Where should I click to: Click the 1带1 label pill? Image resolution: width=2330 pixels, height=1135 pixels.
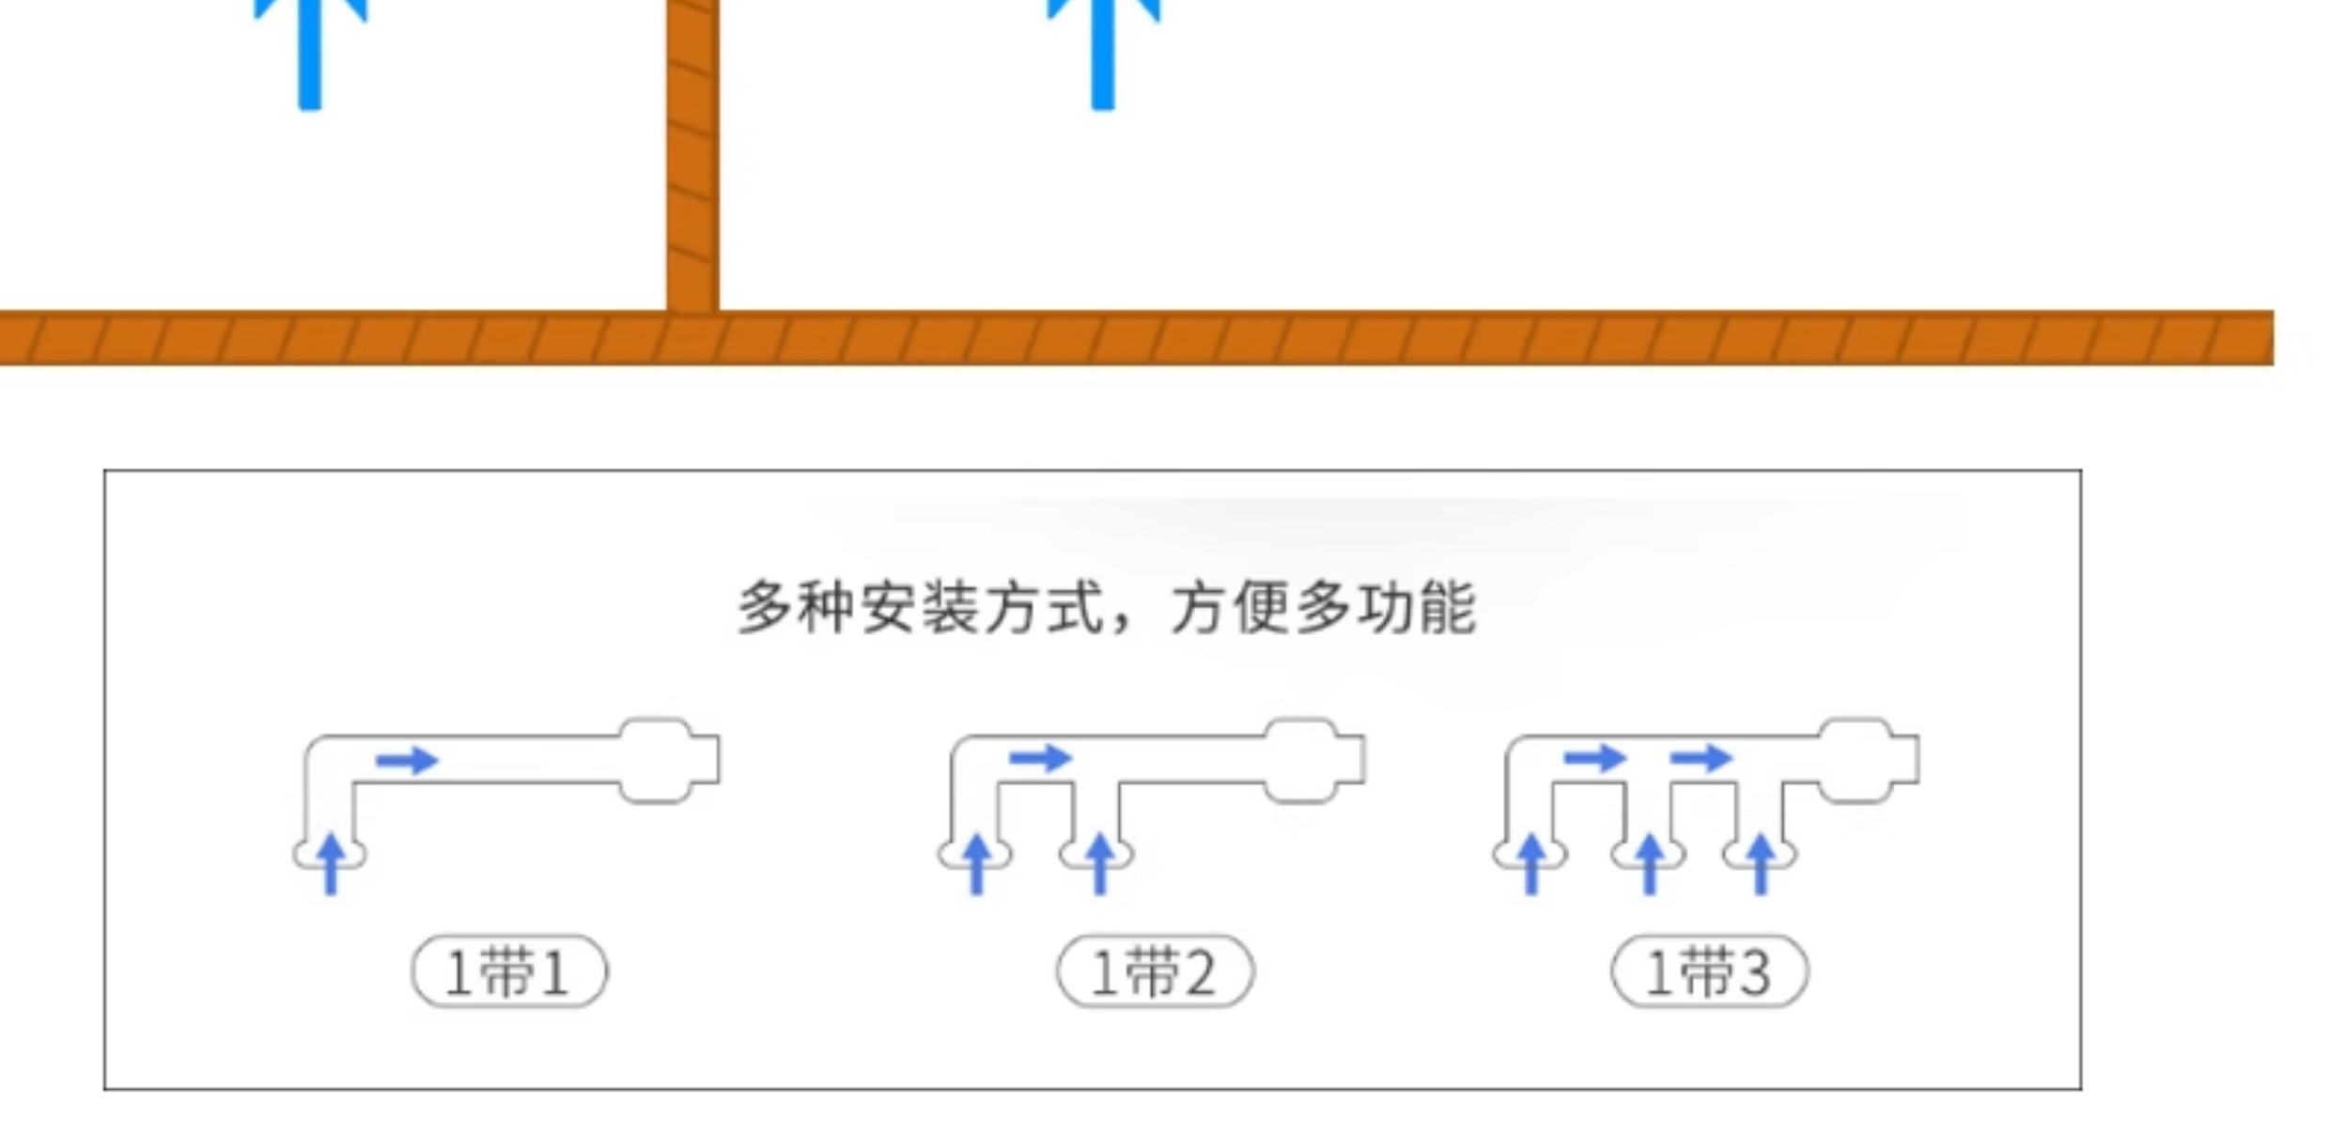(x=509, y=971)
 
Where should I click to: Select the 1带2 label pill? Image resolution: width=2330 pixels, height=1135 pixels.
(x=1155, y=971)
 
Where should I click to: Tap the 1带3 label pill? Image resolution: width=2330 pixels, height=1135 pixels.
(x=1709, y=971)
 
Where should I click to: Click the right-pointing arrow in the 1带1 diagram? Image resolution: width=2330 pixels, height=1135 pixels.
(x=407, y=759)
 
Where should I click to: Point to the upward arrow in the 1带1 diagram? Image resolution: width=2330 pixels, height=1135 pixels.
(x=330, y=863)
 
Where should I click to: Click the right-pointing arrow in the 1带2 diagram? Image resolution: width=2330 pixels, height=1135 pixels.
(x=1040, y=757)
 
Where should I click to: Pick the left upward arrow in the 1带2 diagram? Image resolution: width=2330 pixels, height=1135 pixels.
(x=976, y=863)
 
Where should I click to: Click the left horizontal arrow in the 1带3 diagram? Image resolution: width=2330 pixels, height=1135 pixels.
(x=1594, y=757)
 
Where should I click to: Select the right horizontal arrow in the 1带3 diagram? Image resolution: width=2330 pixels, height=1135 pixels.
(x=1701, y=757)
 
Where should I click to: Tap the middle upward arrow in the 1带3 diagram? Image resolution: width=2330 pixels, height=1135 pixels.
(x=1650, y=863)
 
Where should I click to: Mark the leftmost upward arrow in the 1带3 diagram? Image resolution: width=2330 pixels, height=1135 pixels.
(x=1531, y=863)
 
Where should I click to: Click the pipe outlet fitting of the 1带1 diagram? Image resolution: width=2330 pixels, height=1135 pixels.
(x=667, y=760)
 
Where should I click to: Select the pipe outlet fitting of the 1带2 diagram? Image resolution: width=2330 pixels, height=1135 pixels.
(x=1313, y=760)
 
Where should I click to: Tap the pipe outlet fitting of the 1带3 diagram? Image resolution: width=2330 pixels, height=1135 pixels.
(x=1867, y=760)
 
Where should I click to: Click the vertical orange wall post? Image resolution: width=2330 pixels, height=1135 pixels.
(x=692, y=155)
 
